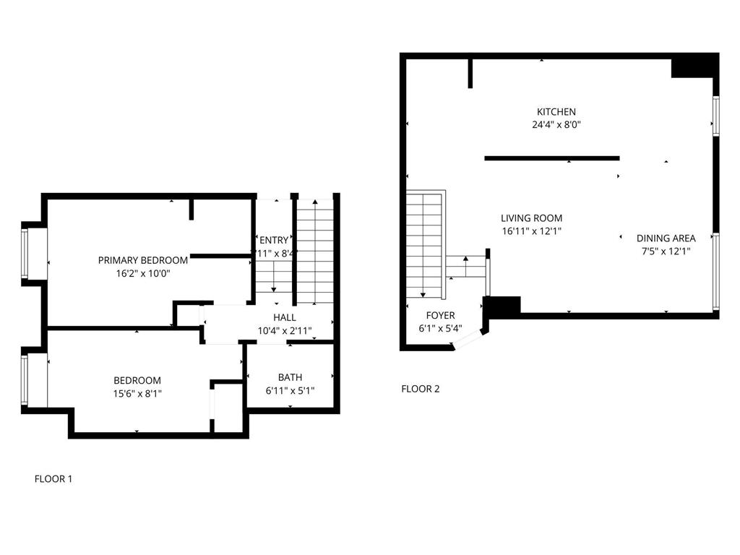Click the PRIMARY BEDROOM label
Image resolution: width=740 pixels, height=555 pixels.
(x=143, y=260)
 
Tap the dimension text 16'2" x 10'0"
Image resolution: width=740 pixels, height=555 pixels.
(x=143, y=274)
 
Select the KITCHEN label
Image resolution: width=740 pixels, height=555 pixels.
(x=556, y=112)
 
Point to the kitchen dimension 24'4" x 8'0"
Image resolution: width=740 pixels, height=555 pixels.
(x=556, y=124)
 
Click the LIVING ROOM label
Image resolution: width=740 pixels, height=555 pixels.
(x=531, y=218)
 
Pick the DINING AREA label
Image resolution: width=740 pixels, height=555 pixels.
(x=666, y=238)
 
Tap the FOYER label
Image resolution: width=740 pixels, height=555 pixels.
(x=440, y=316)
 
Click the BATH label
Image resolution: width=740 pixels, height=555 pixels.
(x=290, y=377)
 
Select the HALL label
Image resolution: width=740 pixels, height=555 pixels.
(x=284, y=318)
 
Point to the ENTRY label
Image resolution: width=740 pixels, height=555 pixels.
(x=273, y=241)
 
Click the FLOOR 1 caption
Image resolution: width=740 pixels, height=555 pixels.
(x=53, y=478)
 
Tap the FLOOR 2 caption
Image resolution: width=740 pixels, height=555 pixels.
(x=420, y=389)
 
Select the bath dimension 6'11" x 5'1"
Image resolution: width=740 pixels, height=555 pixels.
(x=290, y=391)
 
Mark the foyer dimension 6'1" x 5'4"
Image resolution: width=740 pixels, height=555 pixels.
(x=440, y=328)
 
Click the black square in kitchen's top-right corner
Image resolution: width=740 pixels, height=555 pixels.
(x=693, y=66)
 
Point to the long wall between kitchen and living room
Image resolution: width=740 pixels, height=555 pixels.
(x=551, y=158)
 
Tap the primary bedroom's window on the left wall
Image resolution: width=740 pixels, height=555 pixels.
(x=25, y=253)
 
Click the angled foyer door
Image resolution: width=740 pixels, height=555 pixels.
(x=469, y=340)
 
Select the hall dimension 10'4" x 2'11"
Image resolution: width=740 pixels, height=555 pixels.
(x=285, y=331)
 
